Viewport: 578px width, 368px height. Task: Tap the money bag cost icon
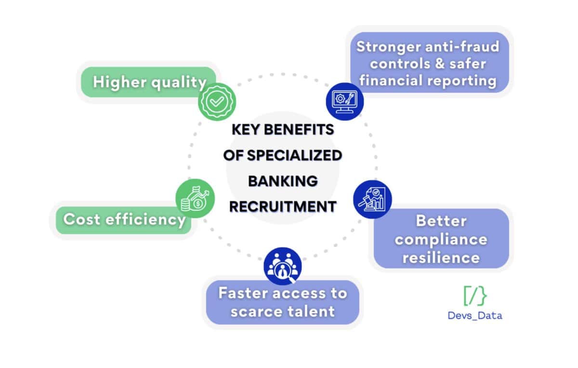[195, 198]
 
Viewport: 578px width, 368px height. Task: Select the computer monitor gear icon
[345, 100]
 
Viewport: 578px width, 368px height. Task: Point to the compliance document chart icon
[372, 199]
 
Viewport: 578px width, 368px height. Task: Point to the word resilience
[441, 257]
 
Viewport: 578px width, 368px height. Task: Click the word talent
[308, 311]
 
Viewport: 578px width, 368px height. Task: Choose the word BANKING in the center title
[283, 181]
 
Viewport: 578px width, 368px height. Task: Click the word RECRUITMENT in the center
[283, 206]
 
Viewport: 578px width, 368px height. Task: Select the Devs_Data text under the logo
[475, 316]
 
